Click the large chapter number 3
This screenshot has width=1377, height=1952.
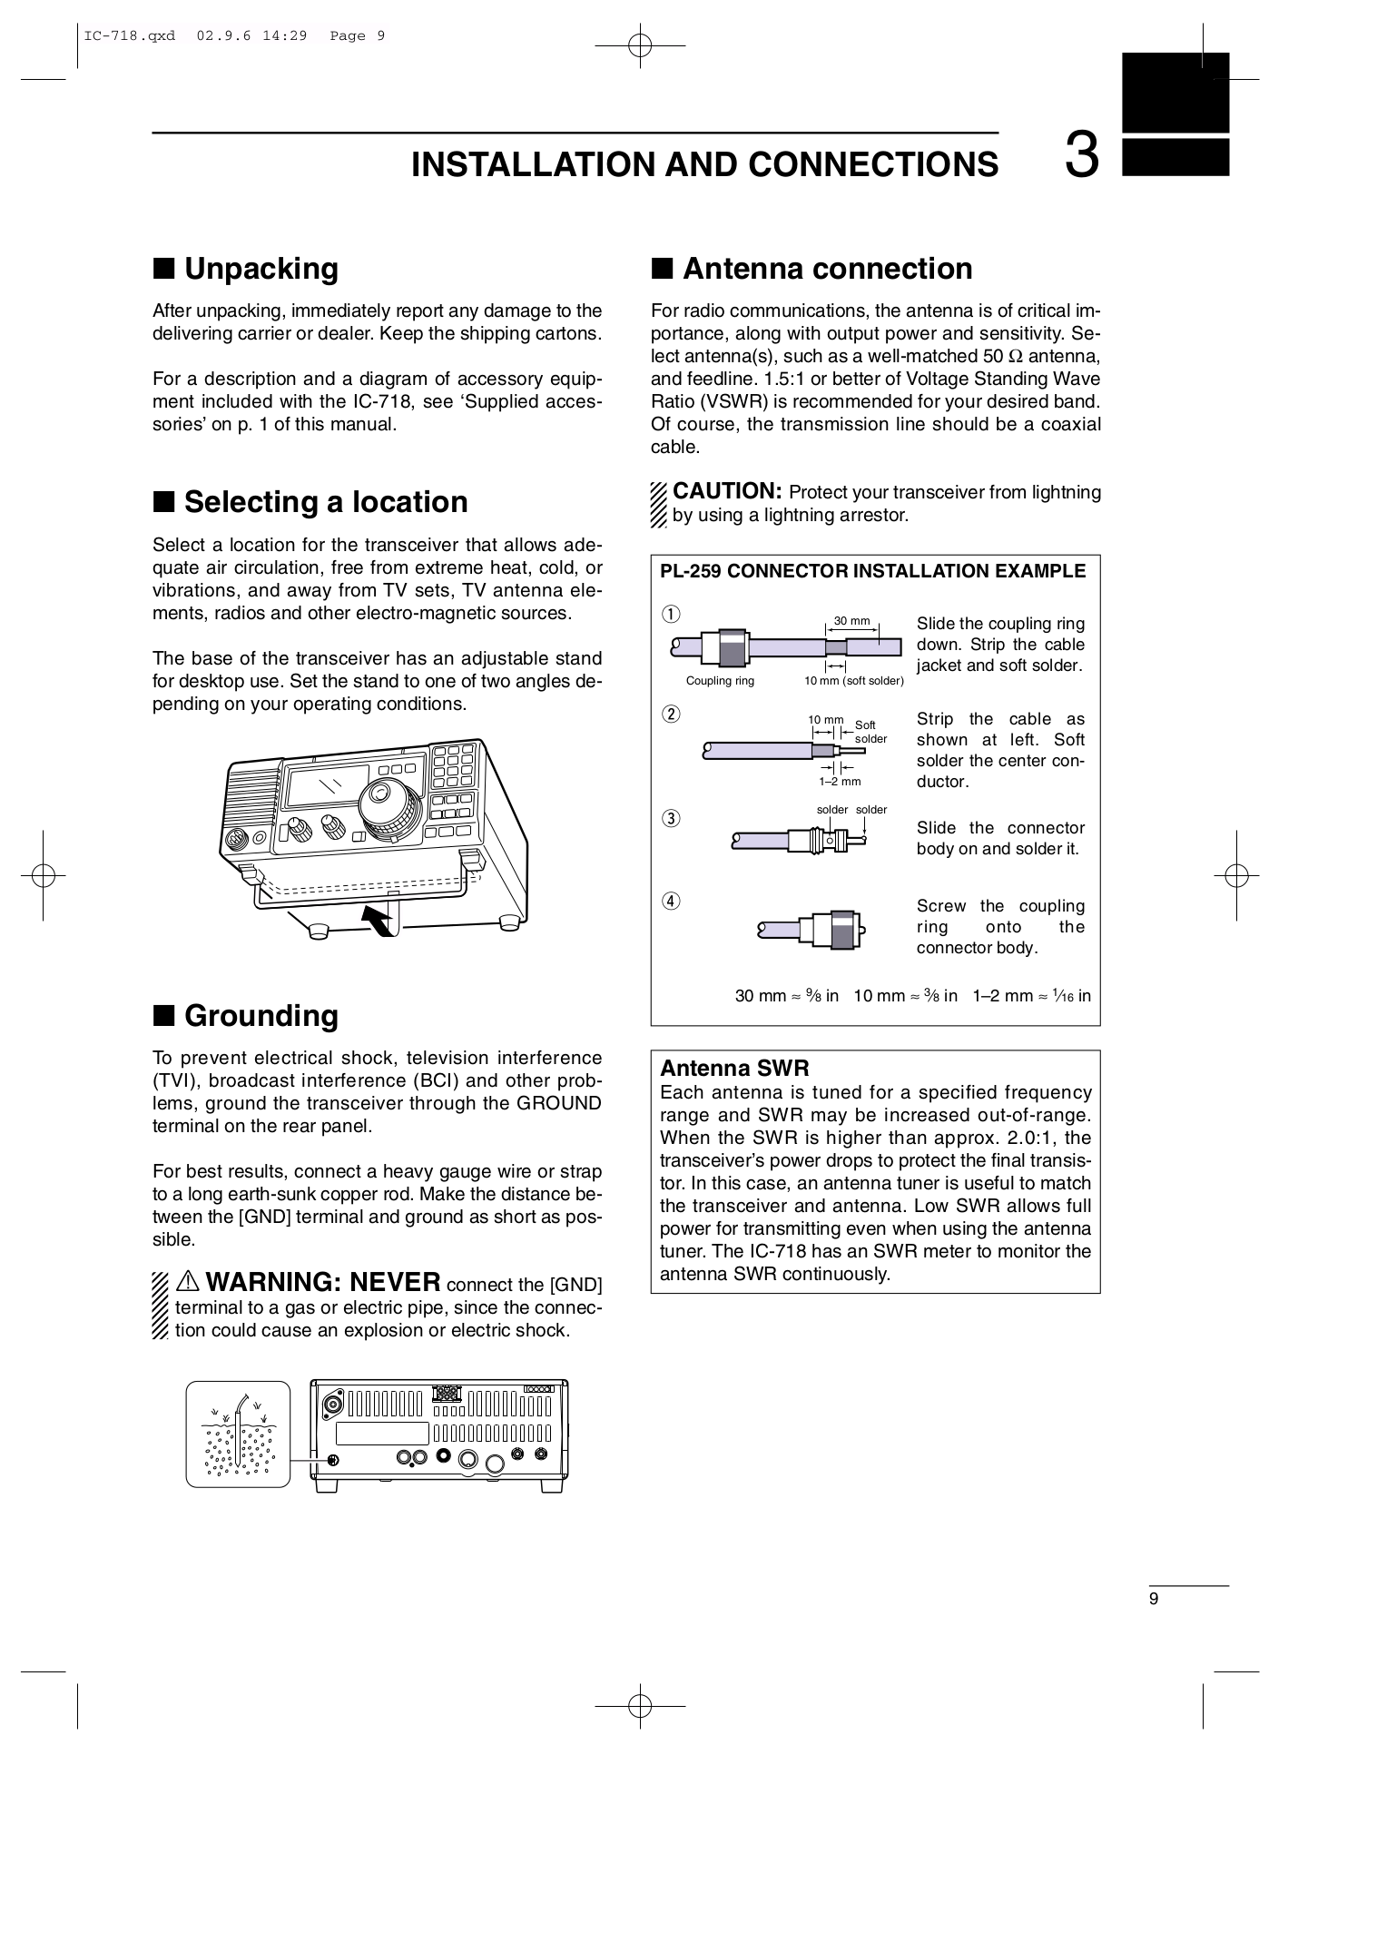coord(1081,157)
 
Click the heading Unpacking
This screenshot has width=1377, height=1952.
coord(261,269)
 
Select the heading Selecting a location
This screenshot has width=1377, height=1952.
coord(326,502)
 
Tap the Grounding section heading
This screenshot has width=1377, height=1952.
coord(261,1015)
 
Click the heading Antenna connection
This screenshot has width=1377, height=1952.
coord(827,269)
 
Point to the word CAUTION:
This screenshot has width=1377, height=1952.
coord(727,491)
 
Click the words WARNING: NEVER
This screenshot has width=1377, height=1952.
coord(323,1282)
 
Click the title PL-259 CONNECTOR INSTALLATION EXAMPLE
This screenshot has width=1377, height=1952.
coord(872,571)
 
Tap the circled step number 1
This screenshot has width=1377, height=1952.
coord(670,614)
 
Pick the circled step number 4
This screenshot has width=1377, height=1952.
coord(670,902)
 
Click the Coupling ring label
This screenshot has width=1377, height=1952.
coord(720,681)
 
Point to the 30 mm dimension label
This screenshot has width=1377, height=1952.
coord(851,621)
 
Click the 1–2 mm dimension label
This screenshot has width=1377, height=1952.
coord(840,781)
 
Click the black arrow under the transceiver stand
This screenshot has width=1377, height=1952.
coord(379,919)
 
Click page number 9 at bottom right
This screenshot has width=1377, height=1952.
coord(1154,1600)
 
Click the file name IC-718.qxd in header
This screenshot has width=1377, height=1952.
coord(130,36)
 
